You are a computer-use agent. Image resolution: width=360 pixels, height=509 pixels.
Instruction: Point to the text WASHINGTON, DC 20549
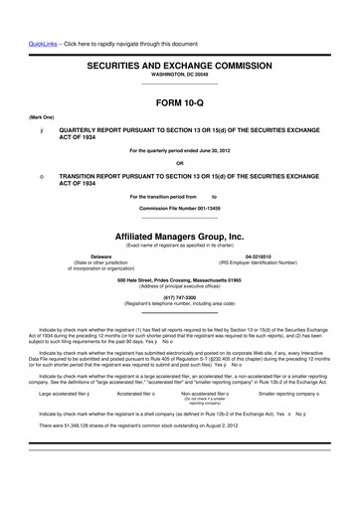tap(179, 73)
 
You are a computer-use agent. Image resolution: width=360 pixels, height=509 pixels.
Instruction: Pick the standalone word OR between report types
tap(179, 163)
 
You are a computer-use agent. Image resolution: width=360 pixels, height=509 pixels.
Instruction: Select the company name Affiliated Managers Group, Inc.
tap(179, 236)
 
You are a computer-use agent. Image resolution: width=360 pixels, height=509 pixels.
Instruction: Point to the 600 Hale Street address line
tap(179, 281)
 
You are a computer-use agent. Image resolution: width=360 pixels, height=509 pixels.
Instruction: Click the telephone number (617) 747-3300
tap(179, 299)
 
